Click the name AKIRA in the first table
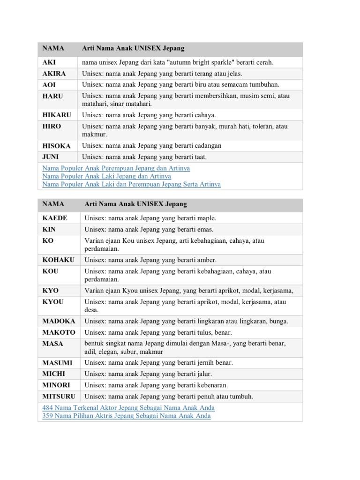click(54, 74)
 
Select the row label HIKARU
click(56, 115)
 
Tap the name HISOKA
click(56, 146)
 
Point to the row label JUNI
click(51, 157)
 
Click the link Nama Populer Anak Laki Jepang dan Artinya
click(106, 176)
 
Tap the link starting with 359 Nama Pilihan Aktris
click(126, 416)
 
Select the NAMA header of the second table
click(53, 204)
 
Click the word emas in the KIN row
click(206, 229)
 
